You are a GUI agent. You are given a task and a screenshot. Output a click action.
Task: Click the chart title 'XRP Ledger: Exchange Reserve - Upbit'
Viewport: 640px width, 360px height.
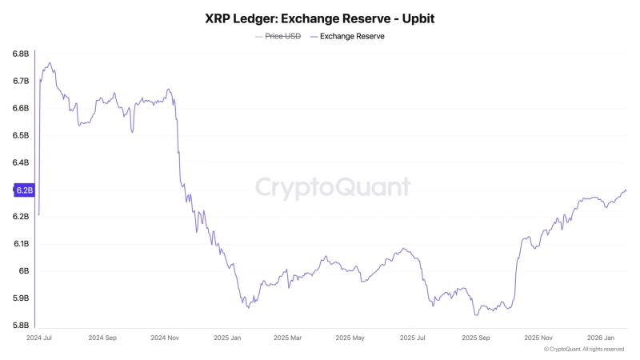(x=320, y=17)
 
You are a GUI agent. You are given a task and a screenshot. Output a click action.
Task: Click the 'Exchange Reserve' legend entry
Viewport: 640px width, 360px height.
(x=352, y=36)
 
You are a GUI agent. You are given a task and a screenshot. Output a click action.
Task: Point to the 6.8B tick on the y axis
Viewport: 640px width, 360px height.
(x=21, y=54)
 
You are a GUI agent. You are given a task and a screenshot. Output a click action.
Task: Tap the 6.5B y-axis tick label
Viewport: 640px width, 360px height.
(x=21, y=135)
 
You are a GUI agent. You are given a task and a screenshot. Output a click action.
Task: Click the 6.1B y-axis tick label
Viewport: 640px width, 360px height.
(x=21, y=243)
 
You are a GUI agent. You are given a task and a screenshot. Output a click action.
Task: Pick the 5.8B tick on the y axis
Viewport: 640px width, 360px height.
(x=21, y=325)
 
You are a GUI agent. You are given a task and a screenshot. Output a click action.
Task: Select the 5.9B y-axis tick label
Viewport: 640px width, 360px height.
(x=21, y=298)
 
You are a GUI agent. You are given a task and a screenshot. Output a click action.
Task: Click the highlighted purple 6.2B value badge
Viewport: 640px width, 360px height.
(x=23, y=190)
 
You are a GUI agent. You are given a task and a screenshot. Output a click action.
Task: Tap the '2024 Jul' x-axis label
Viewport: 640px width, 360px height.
(x=39, y=338)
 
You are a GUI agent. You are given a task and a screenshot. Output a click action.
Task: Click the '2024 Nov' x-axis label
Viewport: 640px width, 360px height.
(x=165, y=338)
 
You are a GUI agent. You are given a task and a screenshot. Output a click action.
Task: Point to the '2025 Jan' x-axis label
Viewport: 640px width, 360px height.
(x=227, y=338)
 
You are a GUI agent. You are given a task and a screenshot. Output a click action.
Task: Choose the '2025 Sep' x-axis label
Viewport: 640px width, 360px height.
(x=477, y=338)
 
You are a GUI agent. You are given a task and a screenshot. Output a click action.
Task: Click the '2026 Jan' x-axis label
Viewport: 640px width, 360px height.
(x=602, y=338)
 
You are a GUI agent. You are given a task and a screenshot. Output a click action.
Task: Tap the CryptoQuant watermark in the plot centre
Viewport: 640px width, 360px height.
(x=333, y=187)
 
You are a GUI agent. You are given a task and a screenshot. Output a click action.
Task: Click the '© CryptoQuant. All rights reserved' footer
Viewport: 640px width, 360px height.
(x=583, y=349)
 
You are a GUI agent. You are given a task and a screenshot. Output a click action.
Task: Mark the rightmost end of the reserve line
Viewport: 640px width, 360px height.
(x=626, y=190)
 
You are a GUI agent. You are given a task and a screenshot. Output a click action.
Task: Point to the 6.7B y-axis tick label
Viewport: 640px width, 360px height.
(x=21, y=81)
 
